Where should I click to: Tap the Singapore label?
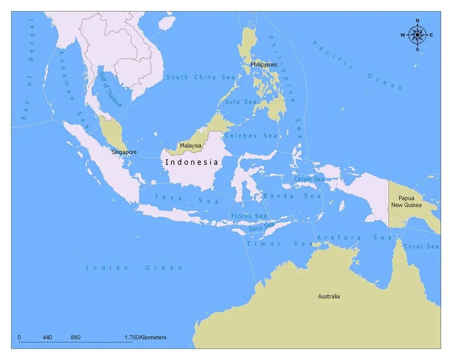(124, 152)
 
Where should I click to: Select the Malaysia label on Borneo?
(190, 146)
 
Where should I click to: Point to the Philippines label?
(264, 65)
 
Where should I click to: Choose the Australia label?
(329, 296)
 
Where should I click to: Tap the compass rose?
(417, 35)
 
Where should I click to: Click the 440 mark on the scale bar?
(47, 337)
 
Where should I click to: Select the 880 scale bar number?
(75, 337)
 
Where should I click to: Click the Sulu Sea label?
(240, 102)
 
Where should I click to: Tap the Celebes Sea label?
(251, 136)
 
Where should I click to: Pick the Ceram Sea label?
(309, 179)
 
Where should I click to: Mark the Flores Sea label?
(249, 216)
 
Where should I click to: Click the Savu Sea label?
(262, 227)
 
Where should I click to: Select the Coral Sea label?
(421, 246)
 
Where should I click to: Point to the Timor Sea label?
(279, 244)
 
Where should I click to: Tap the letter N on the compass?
(417, 21)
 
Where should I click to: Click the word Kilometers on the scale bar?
(153, 337)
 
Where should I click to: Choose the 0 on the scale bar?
(19, 337)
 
